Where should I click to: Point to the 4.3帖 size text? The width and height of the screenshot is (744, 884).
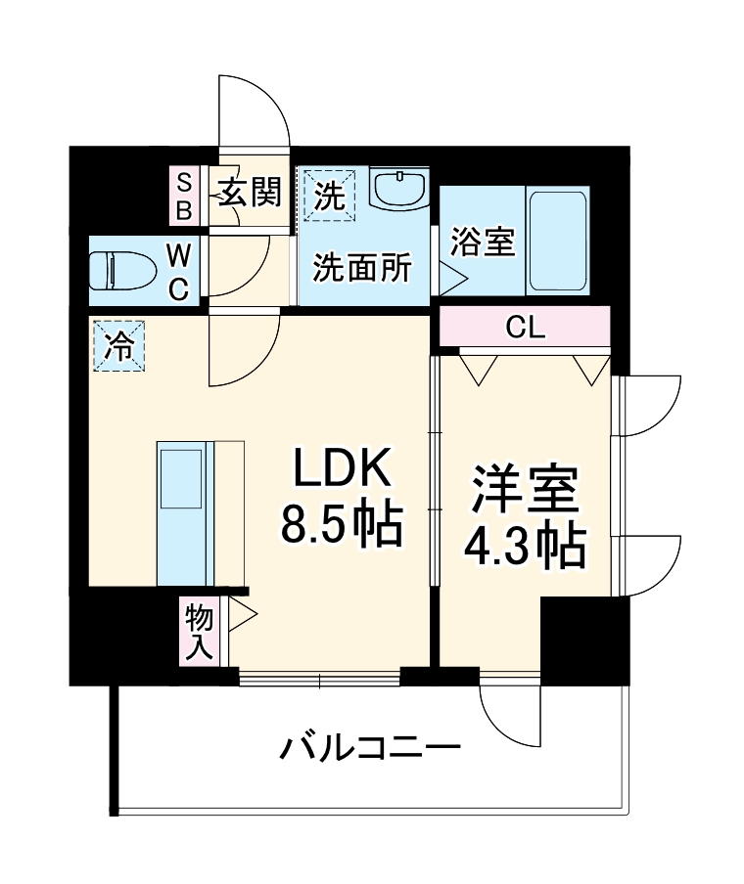(x=525, y=548)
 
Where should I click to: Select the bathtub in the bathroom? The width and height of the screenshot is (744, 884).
(x=557, y=240)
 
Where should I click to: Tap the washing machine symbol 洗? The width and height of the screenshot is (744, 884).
(x=330, y=196)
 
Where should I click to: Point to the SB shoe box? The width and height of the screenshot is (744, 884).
(x=184, y=196)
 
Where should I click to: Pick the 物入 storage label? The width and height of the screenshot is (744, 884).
(x=200, y=632)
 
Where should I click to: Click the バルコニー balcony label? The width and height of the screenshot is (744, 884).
(x=371, y=751)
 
